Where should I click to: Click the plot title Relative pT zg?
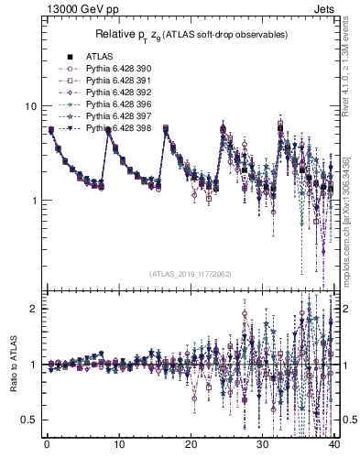pyautogui.click(x=190, y=35)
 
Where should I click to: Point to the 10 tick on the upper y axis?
pyautogui.click(x=30, y=106)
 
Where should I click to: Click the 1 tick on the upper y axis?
pyautogui.click(x=33, y=201)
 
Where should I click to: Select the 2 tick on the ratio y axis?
pyautogui.click(x=33, y=309)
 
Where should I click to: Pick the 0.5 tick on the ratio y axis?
pyautogui.click(x=28, y=420)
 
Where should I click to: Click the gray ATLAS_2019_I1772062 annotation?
pyautogui.click(x=191, y=274)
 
